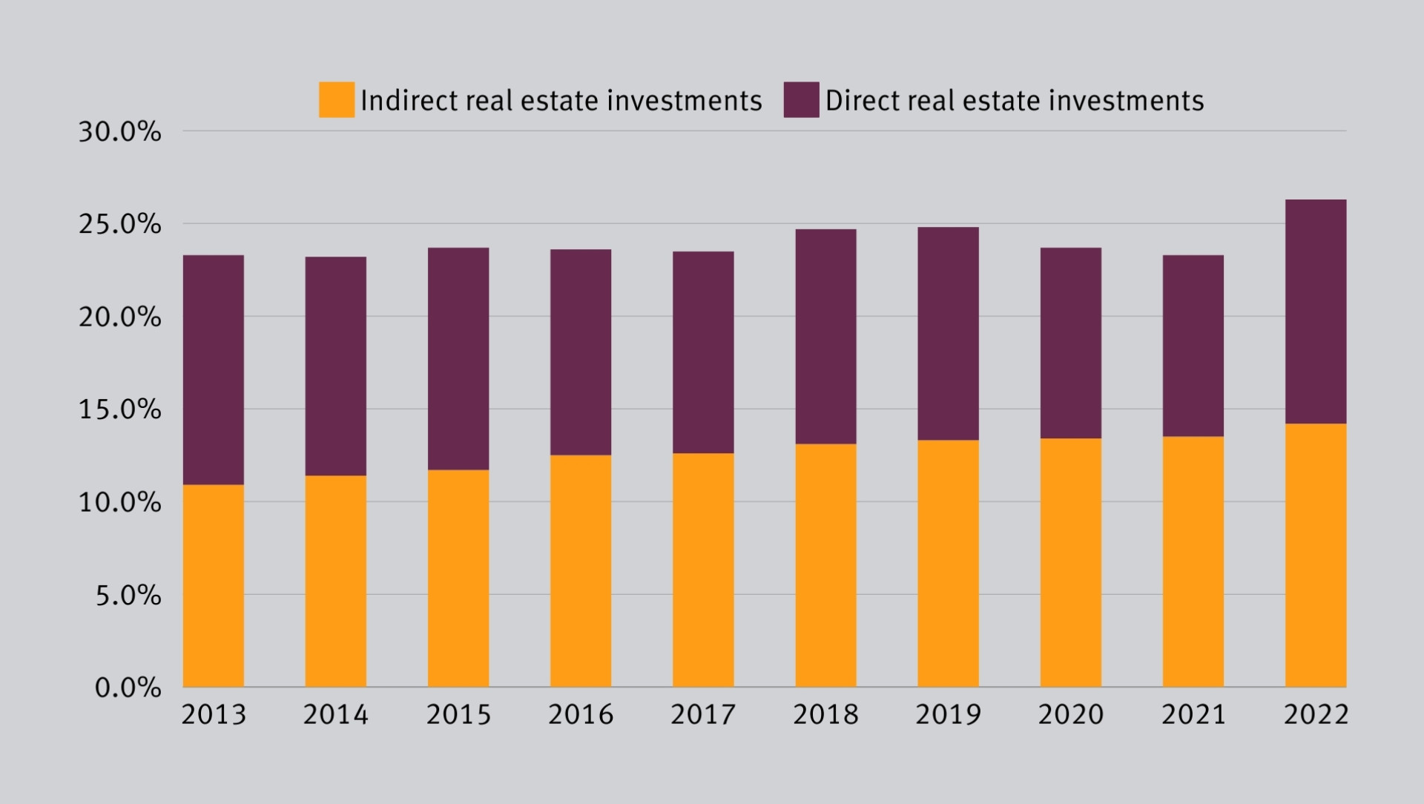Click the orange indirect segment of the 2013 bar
[213, 585]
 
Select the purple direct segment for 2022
[1315, 312]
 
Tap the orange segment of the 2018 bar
[825, 565]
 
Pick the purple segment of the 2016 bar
[581, 352]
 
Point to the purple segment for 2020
[1070, 343]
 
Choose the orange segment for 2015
[458, 578]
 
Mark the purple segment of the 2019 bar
[948, 334]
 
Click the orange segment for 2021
[1193, 561]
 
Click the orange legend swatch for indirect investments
[337, 100]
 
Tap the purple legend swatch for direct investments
[801, 100]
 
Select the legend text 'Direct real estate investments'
[1014, 101]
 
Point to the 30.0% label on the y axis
[119, 132]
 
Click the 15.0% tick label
[119, 409]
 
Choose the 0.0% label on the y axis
[128, 688]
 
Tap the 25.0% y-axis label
[119, 224]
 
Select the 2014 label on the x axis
[335, 714]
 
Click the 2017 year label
[703, 714]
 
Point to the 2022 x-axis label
[1316, 714]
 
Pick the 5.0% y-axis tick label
[128, 595]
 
